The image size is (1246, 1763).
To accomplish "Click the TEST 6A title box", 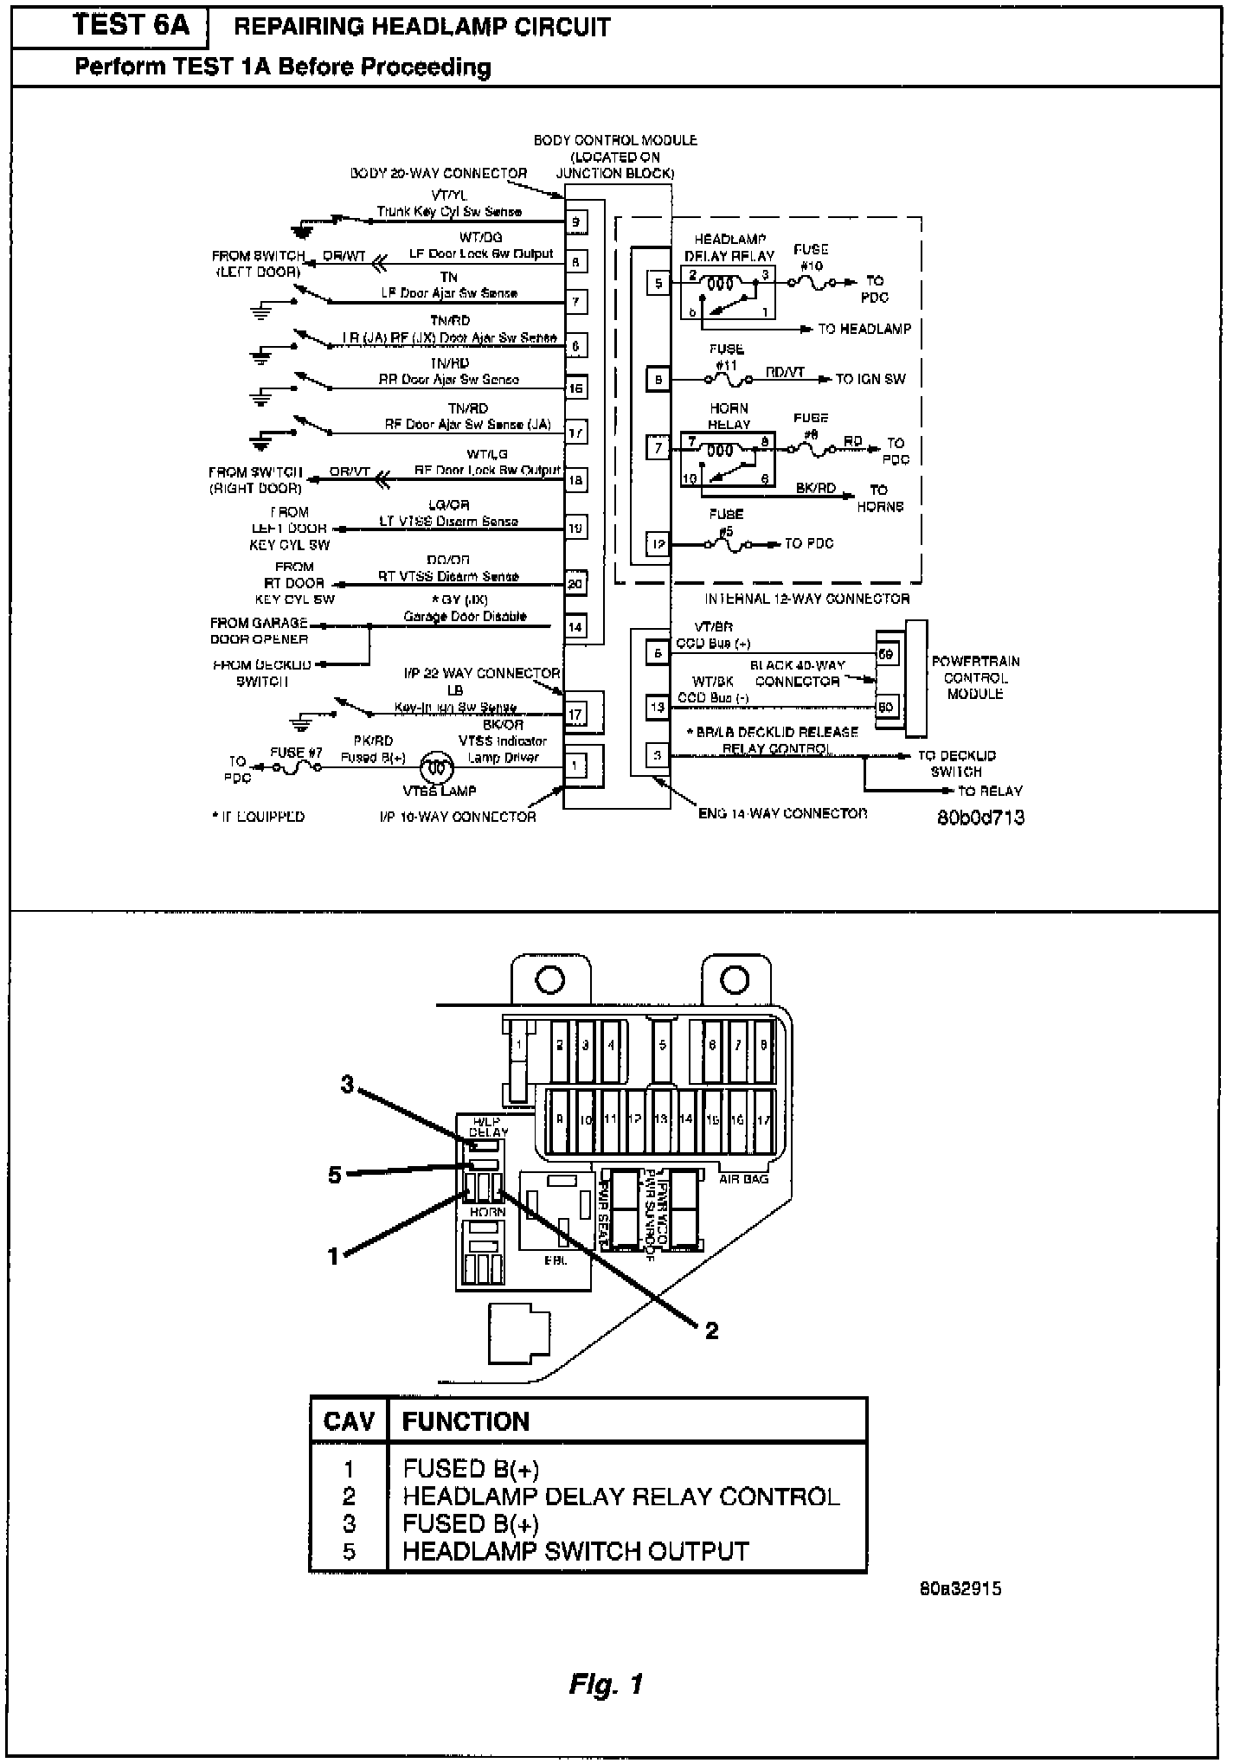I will tap(130, 26).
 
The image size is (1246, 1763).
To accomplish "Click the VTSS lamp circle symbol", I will tap(438, 767).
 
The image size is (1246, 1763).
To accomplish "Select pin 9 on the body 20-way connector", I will tap(576, 222).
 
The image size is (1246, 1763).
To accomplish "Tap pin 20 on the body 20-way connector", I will tap(575, 584).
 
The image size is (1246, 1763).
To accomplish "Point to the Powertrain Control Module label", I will tap(975, 677).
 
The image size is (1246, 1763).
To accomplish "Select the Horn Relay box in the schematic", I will tap(727, 458).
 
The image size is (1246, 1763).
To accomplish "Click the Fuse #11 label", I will tap(726, 357).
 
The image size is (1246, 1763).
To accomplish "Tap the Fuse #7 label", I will tap(296, 753).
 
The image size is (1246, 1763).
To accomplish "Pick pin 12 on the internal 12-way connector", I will tap(658, 544).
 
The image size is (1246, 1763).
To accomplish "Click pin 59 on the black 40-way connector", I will tap(886, 654).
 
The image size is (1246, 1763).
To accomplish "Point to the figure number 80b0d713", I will tap(980, 817).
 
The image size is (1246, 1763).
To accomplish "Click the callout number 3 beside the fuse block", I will tap(347, 1083).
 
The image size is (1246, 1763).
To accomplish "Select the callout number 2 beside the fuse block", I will tap(711, 1330).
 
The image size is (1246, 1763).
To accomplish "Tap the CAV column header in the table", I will tap(349, 1421).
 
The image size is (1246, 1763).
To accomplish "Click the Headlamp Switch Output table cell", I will tap(575, 1550).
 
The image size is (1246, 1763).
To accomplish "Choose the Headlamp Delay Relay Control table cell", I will tap(620, 1496).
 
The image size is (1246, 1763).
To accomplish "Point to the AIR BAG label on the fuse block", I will tap(743, 1178).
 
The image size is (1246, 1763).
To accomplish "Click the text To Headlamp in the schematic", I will tap(864, 329).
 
